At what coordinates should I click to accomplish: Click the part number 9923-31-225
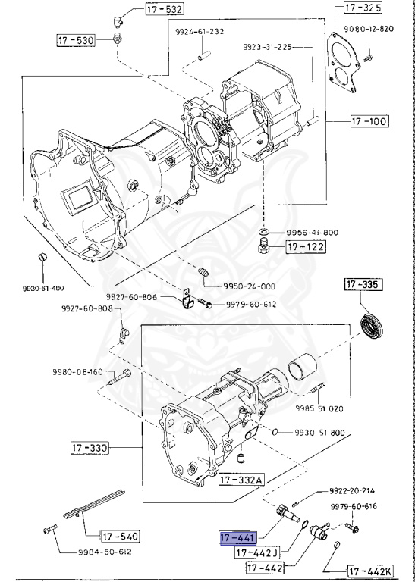click(267, 47)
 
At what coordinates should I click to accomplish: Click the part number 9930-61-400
click(43, 289)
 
